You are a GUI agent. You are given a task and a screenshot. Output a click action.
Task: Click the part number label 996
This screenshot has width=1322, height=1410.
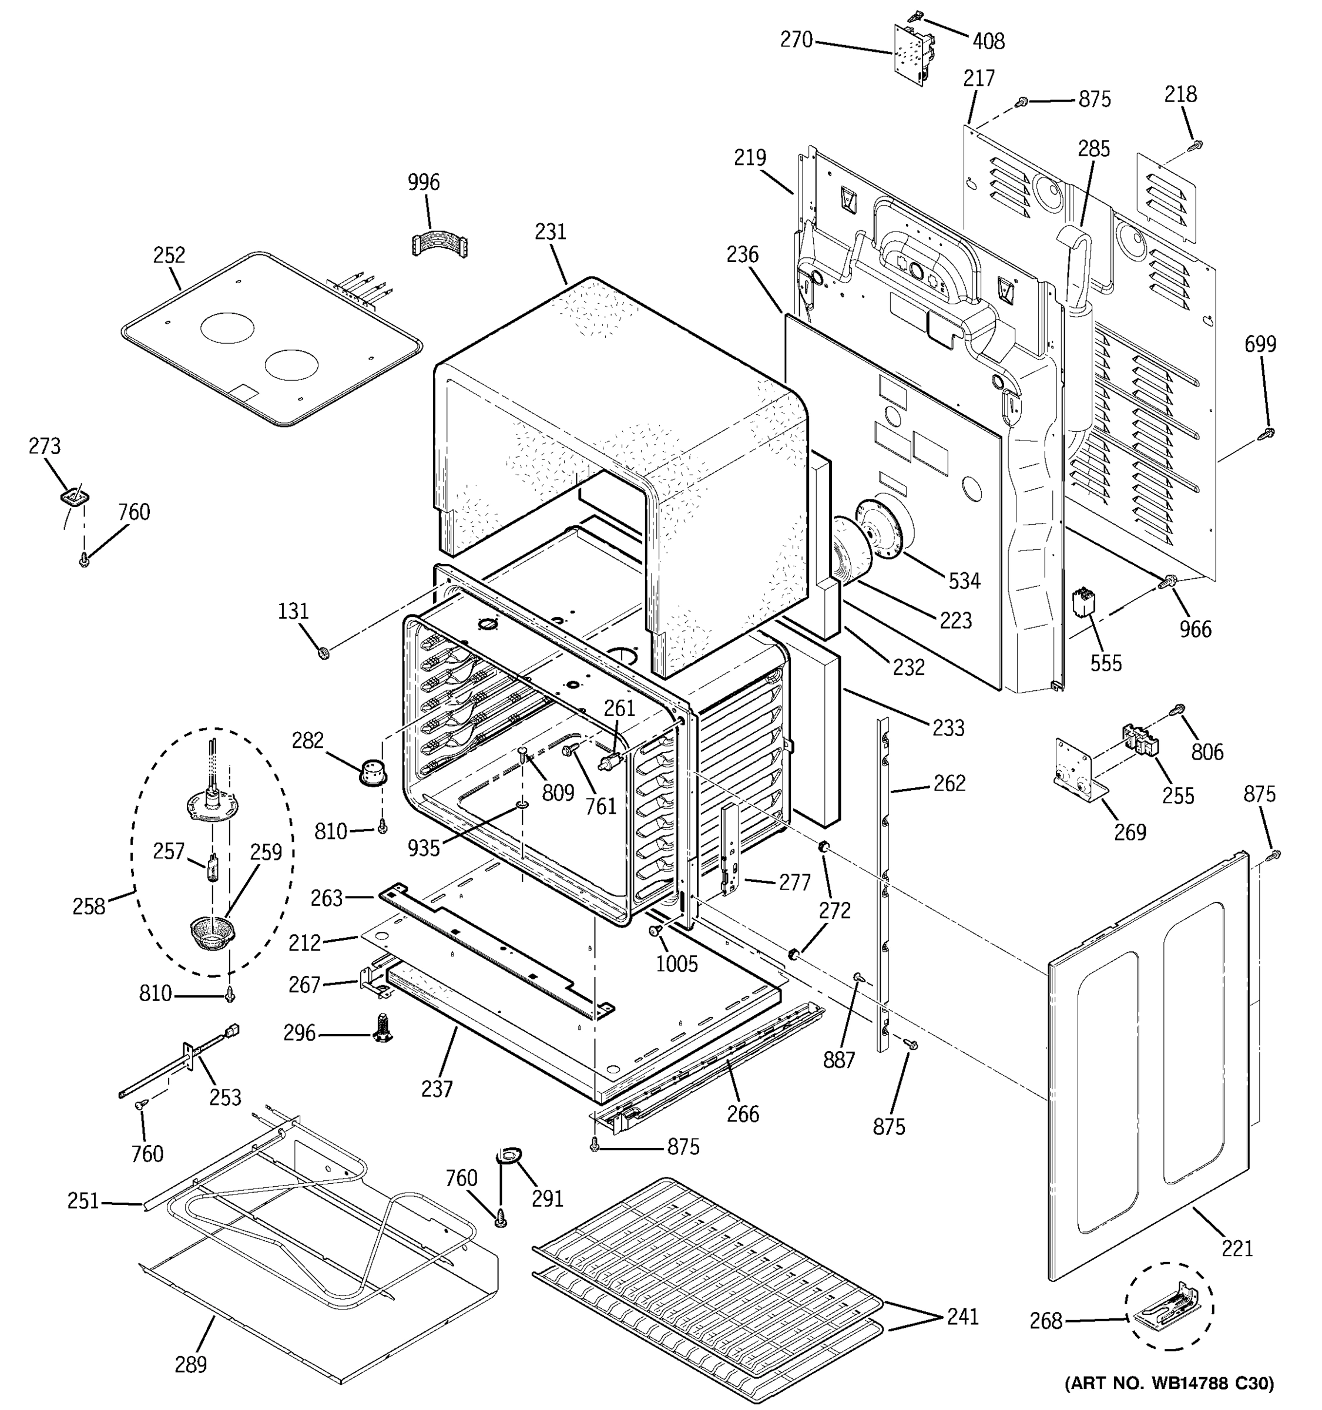(424, 183)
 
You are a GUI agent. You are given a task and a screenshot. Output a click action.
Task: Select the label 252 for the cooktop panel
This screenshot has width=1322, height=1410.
(169, 256)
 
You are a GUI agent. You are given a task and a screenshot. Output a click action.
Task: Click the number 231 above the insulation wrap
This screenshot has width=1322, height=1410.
(551, 232)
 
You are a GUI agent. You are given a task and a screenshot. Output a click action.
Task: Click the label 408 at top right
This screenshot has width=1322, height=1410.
(988, 42)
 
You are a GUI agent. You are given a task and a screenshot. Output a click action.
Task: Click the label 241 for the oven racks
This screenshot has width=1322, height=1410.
(962, 1317)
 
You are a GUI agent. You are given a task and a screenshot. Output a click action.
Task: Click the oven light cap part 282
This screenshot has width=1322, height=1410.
(374, 770)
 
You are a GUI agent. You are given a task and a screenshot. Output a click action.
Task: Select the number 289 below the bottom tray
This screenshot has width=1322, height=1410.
(190, 1364)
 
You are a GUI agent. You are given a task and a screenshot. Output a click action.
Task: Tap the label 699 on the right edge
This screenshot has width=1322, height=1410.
(1260, 344)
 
